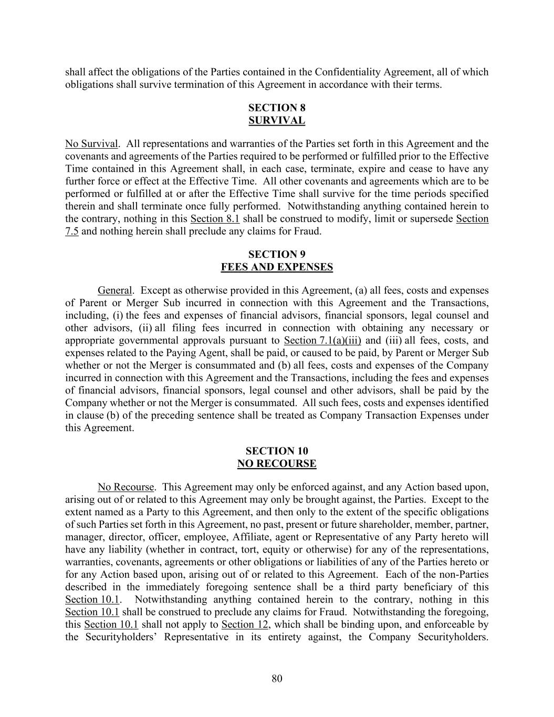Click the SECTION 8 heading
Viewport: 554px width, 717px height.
277,108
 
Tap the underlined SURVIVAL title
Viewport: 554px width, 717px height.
277,120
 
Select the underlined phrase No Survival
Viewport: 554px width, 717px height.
91,144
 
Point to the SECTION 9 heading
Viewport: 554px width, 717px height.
277,254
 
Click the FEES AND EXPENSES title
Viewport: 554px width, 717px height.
277,267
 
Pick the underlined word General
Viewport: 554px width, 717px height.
115,290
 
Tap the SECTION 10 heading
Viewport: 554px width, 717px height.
277,451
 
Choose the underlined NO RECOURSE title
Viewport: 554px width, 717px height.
277,464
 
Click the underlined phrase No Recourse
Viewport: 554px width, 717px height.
126,487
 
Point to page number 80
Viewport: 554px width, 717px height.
277,679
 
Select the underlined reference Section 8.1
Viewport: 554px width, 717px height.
215,219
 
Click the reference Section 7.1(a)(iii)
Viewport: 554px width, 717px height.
322,340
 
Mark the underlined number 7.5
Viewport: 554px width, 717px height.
72,232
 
